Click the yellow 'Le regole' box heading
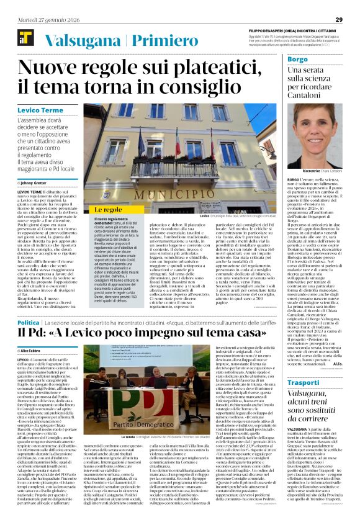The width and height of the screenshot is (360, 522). (108, 210)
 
